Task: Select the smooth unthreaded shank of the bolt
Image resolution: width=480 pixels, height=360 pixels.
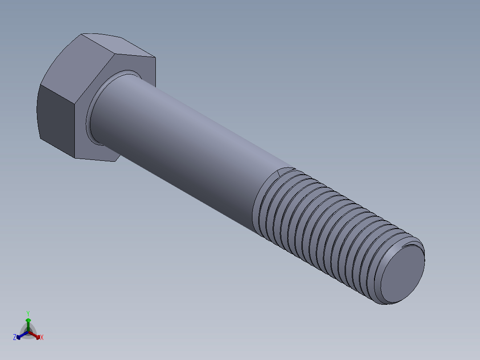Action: point(187,147)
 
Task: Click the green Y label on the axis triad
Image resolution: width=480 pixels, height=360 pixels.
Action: point(28,313)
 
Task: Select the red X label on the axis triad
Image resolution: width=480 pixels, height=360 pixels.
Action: point(42,338)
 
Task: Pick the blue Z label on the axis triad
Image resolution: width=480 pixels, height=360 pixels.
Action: point(15,338)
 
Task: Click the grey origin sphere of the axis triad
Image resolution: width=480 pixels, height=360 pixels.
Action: point(28,332)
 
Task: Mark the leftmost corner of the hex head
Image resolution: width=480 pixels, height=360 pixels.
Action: point(37,107)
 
